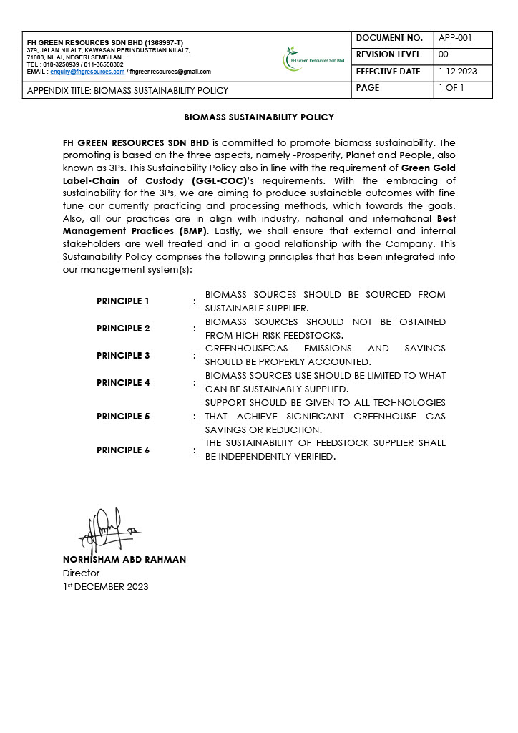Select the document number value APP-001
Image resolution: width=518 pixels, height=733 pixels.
454,38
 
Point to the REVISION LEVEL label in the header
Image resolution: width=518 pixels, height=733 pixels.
390,54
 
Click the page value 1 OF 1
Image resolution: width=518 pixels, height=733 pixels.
451,88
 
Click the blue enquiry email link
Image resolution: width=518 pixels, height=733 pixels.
87,72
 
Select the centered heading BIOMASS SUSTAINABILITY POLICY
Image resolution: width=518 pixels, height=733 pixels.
259,117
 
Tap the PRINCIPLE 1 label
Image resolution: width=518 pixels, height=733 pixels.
123,301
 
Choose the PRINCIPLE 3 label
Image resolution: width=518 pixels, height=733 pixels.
123,356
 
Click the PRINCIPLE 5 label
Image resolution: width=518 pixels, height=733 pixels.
123,417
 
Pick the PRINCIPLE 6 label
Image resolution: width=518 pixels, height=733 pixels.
123,450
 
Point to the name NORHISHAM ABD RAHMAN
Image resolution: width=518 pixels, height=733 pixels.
124,560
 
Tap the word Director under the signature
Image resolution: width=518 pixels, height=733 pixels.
82,573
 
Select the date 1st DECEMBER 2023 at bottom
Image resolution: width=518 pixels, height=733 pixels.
106,587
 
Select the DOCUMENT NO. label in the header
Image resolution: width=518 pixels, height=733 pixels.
390,38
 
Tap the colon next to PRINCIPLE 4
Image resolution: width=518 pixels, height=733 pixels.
195,383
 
